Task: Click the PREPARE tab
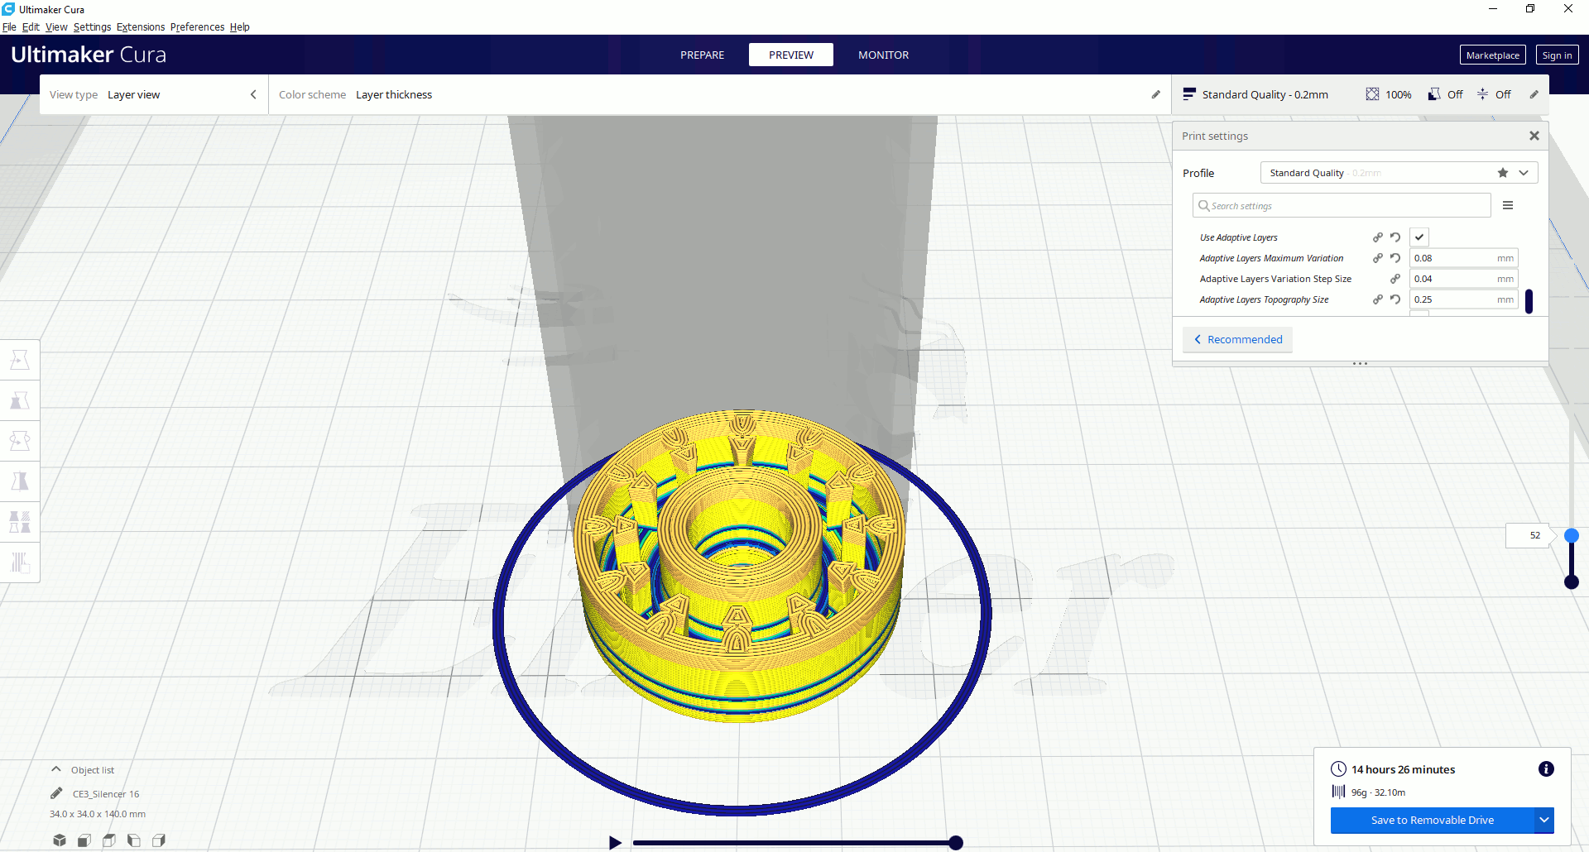[x=702, y=55]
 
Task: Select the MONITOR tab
[x=883, y=55]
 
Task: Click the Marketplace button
[x=1492, y=55]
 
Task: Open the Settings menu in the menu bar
[x=92, y=26]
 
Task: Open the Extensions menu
[x=141, y=26]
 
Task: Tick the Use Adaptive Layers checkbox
[x=1419, y=237]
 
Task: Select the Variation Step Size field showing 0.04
[x=1463, y=279]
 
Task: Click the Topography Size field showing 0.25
[x=1463, y=299]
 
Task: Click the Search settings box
[x=1342, y=206]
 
